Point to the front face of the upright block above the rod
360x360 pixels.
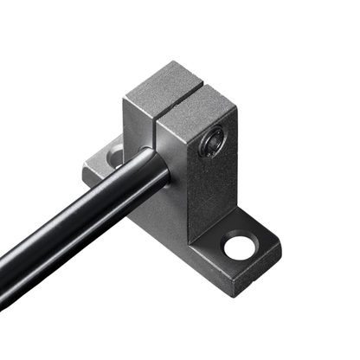pos(138,130)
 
